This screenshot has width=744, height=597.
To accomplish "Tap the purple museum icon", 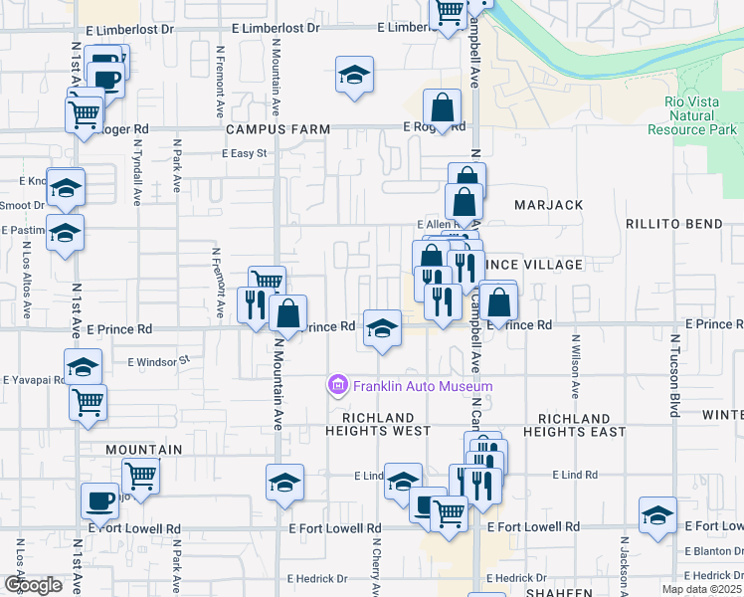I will coord(338,386).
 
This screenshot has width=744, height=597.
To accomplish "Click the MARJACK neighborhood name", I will coord(548,204).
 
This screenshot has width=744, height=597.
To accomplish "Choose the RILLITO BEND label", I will coord(679,225).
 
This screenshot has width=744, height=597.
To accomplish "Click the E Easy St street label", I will coord(245,153).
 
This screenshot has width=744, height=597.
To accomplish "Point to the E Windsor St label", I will coord(158,360).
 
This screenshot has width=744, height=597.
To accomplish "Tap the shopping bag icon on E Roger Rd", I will coord(441,108).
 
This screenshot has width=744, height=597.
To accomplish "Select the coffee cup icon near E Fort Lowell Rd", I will coord(100,500).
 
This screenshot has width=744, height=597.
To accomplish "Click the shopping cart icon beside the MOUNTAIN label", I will coord(140,476).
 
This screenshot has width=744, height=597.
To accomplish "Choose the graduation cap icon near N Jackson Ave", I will coord(657,514).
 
